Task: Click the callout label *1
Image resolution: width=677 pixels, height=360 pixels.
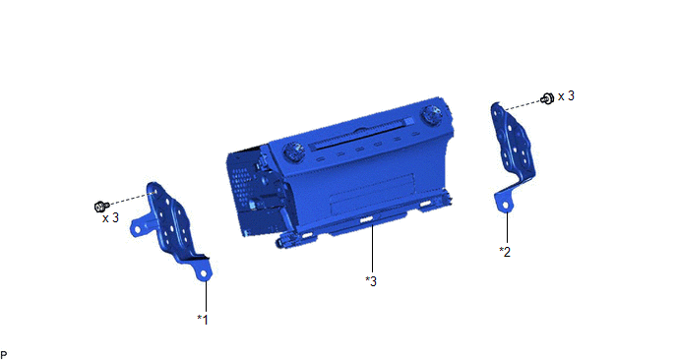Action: (203, 320)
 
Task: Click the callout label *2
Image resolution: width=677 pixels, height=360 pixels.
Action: (505, 252)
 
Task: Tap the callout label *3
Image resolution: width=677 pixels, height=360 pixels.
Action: (371, 281)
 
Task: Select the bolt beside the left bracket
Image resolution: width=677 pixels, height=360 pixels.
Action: (100, 207)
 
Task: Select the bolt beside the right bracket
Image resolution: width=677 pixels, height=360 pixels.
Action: (547, 98)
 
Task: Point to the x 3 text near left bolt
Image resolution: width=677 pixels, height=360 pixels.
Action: (110, 218)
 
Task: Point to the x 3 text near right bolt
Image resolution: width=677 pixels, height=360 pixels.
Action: (566, 95)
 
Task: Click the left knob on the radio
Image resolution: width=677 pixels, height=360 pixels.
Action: (293, 152)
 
